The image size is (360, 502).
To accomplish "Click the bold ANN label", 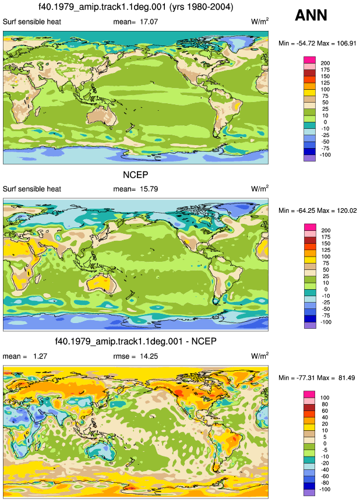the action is click(310, 15).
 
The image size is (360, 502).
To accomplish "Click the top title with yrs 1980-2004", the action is click(136, 6).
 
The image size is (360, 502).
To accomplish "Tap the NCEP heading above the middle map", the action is click(136, 175).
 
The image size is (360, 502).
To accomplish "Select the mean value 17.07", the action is click(149, 22).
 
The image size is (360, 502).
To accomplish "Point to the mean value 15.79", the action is click(149, 189).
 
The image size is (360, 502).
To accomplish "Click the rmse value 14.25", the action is click(149, 356).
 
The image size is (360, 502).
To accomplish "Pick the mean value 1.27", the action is click(40, 356).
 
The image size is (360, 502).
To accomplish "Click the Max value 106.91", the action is click(347, 44).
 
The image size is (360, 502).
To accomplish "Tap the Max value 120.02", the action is click(347, 210).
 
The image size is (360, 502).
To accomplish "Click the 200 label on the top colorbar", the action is click(325, 64).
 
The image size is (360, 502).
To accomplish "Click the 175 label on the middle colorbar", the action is click(326, 237).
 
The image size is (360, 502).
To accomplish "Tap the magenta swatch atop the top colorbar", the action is click(310, 60).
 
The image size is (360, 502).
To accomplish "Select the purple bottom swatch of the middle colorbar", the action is click(310, 325).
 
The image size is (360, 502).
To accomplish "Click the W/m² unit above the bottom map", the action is click(260, 356).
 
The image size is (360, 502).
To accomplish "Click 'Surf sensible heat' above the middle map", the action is click(31, 189).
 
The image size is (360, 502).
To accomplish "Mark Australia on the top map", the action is click(103, 116).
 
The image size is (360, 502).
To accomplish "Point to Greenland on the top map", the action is click(241, 43).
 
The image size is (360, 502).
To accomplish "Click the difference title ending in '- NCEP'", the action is click(136, 341).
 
